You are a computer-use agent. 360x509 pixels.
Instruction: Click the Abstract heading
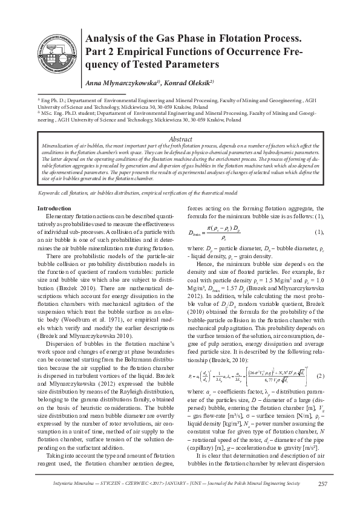tap(180, 138)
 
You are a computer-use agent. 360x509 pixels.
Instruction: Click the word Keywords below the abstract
tap(51, 192)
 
